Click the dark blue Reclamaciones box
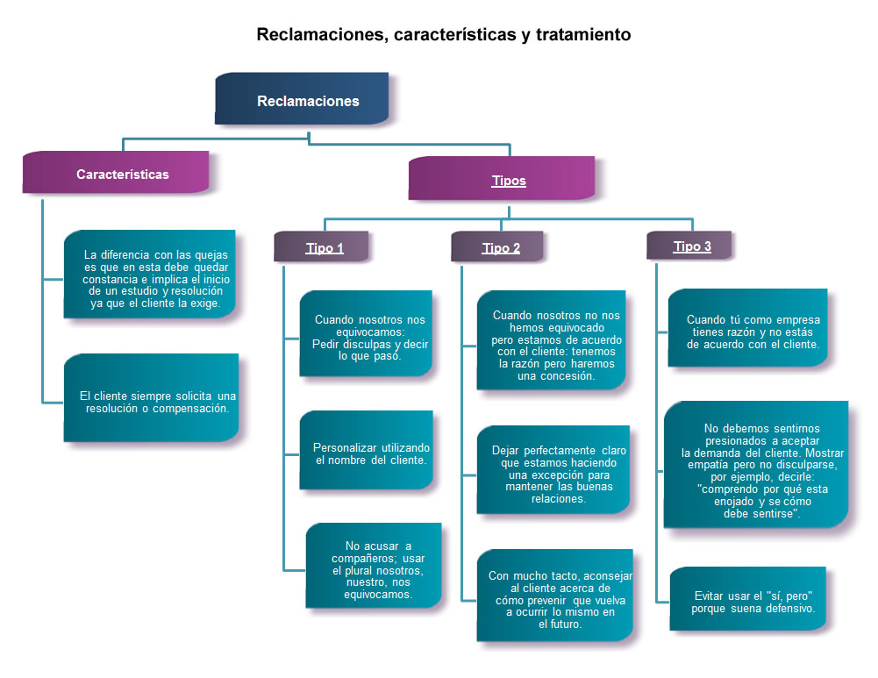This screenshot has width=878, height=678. tap(302, 98)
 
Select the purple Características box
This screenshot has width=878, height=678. tap(116, 173)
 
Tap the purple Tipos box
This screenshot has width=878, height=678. tap(502, 178)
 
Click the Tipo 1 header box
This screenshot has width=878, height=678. tap(321, 246)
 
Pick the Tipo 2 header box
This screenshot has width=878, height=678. tap(497, 246)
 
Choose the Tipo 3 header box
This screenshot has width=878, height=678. tap(689, 246)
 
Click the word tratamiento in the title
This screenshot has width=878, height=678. tap(583, 35)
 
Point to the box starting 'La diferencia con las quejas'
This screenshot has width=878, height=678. tap(149, 275)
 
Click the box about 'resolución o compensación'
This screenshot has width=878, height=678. tap(151, 397)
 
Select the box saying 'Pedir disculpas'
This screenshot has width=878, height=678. tap(367, 333)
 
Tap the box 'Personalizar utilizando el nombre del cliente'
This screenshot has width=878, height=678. tap(367, 450)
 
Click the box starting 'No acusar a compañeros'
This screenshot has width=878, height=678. tap(374, 566)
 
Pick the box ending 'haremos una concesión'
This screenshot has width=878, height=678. tap(552, 340)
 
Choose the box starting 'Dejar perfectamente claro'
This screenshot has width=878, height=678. tap(553, 470)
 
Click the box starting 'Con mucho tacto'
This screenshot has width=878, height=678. tap(555, 596)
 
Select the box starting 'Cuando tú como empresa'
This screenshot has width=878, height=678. tap(748, 328)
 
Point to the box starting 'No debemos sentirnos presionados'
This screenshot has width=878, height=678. tap(756, 465)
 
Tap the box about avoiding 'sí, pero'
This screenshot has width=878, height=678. tap(748, 599)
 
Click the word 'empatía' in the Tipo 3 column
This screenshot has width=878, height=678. tap(708, 465)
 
